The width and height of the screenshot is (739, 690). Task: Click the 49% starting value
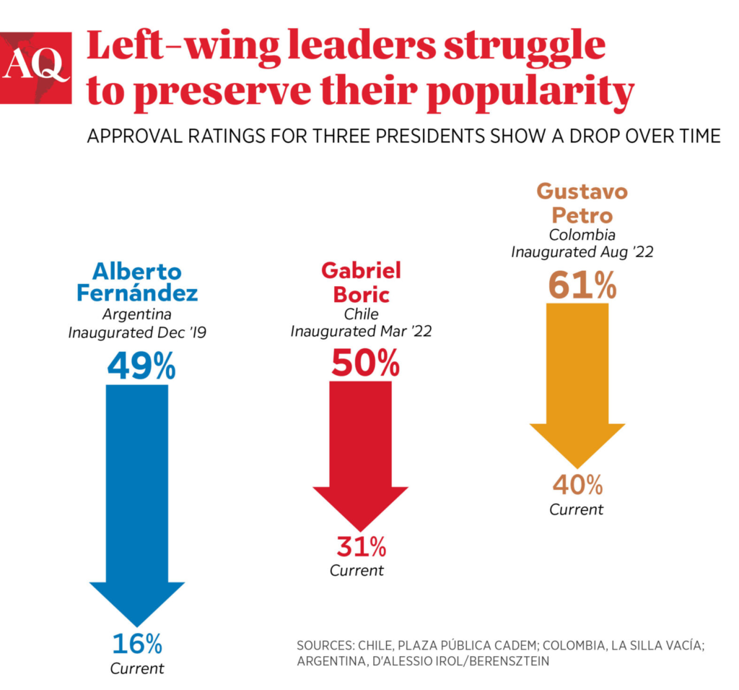point(141,366)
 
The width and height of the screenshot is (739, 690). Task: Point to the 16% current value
point(137,643)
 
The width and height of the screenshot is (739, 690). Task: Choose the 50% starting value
point(365,363)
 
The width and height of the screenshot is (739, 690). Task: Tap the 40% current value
point(577,485)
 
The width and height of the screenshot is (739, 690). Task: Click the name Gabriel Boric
point(361,283)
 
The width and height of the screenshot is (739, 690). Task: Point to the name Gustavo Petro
point(582,204)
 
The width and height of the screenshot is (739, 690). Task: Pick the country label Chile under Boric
point(361,314)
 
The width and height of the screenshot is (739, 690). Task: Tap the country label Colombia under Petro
point(582,235)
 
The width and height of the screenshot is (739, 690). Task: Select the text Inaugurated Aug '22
point(582,252)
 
